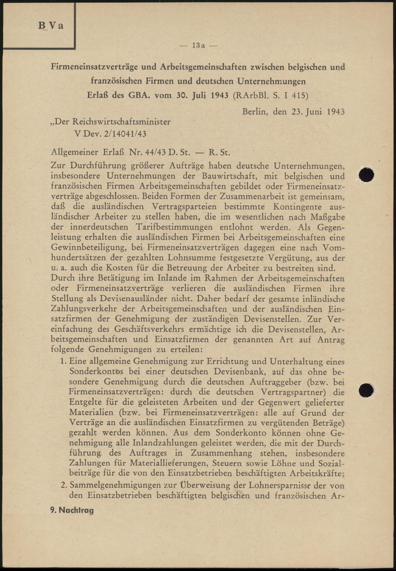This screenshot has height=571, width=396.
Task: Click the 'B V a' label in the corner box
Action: coord(51,26)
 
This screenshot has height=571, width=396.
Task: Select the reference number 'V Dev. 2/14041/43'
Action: coord(110,134)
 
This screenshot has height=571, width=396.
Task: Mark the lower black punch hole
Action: coord(367,390)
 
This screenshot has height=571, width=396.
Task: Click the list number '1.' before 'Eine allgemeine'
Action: coord(63,361)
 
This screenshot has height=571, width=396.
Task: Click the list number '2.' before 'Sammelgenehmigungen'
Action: coord(63,485)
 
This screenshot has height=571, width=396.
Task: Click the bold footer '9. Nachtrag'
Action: coord(72,510)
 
